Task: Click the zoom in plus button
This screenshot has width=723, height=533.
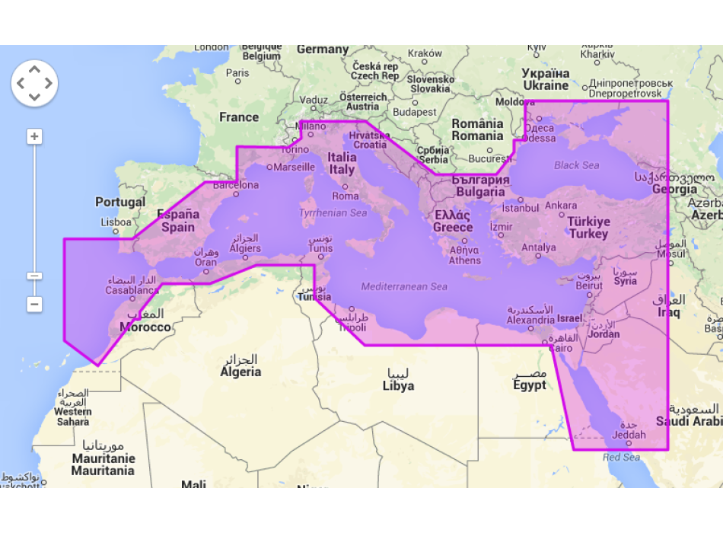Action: click(34, 137)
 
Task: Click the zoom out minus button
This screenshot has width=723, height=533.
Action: click(34, 304)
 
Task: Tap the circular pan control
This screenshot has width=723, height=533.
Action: click(34, 83)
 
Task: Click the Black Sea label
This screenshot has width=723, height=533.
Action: click(576, 165)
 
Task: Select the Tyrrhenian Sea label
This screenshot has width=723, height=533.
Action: click(333, 213)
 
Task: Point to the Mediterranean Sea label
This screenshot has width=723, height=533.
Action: click(404, 287)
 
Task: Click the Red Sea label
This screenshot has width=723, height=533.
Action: click(621, 458)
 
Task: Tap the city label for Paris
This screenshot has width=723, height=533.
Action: click(237, 73)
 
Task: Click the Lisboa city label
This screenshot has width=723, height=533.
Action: click(116, 222)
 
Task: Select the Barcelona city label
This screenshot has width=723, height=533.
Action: click(235, 184)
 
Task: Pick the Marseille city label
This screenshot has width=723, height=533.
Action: click(294, 167)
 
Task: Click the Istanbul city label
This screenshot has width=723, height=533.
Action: click(521, 208)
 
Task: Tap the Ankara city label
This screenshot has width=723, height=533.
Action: click(561, 206)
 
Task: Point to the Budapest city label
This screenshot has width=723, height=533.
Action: click(415, 112)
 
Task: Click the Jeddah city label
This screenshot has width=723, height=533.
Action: click(629, 436)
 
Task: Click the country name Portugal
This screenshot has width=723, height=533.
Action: click(120, 202)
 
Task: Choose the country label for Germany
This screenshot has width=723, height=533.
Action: click(323, 49)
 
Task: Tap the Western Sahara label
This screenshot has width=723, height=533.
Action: click(73, 411)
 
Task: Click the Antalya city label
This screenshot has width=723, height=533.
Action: click(538, 247)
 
